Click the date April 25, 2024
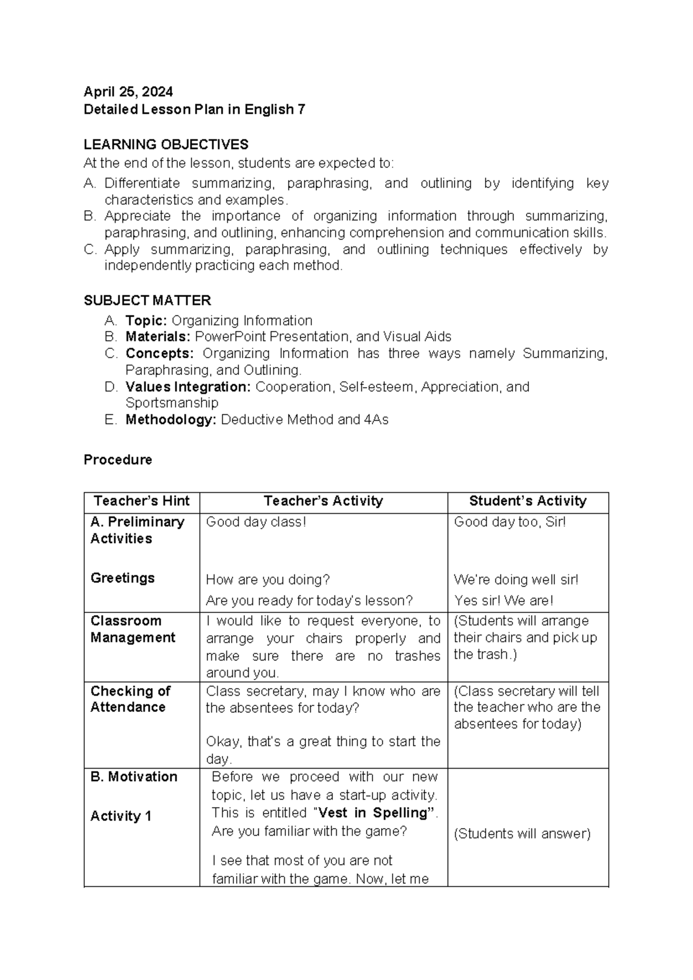[128, 92]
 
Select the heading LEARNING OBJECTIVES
[166, 144]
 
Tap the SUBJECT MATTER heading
[147, 300]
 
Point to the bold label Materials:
[158, 337]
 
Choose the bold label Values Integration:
[188, 387]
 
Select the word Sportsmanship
[172, 403]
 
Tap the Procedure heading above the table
[118, 460]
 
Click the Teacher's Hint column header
[141, 501]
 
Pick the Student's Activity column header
[527, 501]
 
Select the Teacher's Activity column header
[323, 501]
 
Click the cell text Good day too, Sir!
[509, 522]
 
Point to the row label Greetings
[122, 578]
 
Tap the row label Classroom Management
[132, 629]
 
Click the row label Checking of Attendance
[130, 699]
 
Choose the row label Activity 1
[121, 816]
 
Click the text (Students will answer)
[522, 834]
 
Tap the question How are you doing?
[267, 580]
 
